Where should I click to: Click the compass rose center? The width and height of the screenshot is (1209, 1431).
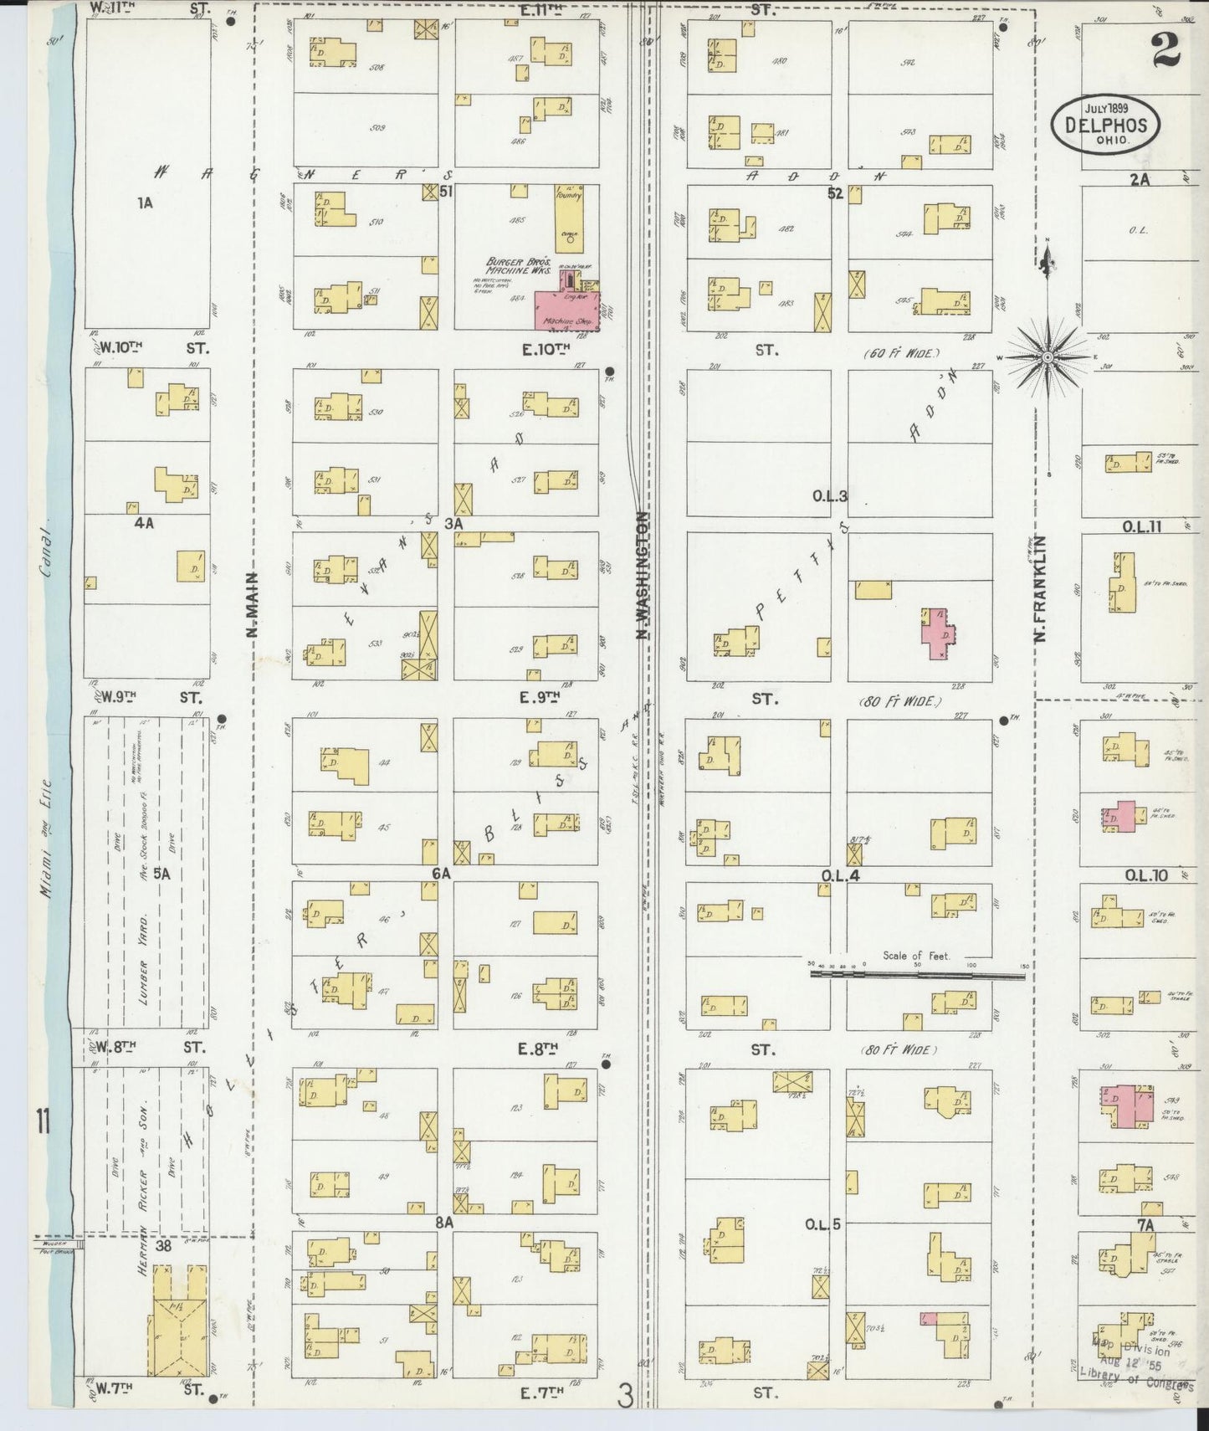[1048, 358]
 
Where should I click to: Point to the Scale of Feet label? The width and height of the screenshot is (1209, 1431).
[916, 955]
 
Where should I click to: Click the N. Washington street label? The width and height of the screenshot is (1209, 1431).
[643, 576]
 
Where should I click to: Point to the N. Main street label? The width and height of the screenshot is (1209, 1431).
[252, 604]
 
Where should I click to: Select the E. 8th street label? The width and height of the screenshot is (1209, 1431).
[539, 1047]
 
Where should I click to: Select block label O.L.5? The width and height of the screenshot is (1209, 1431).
[823, 1224]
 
